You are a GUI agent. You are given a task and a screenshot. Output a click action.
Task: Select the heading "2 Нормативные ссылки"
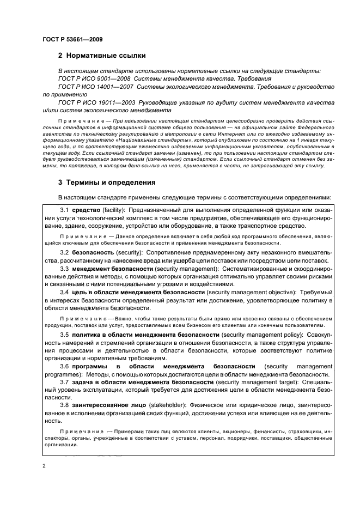(x=102, y=57)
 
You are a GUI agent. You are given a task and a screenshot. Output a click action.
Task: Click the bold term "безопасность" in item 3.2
(x=93, y=253)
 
